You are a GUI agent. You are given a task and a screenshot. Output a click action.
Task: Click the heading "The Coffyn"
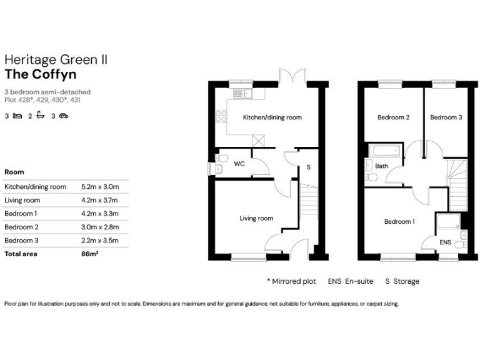(41, 74)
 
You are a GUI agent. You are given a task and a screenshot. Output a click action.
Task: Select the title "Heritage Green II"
(56, 59)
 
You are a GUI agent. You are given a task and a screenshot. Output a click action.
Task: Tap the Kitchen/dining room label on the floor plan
(272, 117)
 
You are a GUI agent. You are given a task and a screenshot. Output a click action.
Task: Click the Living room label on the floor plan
(257, 218)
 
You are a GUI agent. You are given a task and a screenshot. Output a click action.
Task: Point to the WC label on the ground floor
(239, 164)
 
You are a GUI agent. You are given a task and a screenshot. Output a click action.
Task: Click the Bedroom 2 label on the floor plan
(393, 117)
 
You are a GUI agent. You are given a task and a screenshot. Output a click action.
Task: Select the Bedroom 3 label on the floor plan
(446, 117)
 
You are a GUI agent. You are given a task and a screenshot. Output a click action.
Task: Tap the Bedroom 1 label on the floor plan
(398, 221)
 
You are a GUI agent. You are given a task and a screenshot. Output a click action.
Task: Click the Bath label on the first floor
(381, 166)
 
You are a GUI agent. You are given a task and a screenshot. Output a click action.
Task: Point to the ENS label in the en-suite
(446, 242)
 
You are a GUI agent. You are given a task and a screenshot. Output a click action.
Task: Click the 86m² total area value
(91, 254)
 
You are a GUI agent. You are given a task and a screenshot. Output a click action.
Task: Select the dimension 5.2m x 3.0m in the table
(100, 186)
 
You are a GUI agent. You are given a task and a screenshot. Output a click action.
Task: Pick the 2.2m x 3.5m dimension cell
(100, 240)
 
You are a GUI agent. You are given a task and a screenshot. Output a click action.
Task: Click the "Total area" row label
(21, 254)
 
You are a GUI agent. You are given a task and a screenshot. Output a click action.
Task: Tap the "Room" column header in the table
(14, 172)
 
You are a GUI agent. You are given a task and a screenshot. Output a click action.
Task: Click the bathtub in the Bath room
(384, 151)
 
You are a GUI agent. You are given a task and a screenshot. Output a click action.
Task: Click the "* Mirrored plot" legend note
(292, 281)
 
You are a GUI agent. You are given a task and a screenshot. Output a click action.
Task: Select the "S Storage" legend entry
(402, 281)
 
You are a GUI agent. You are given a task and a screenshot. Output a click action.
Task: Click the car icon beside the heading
(64, 116)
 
